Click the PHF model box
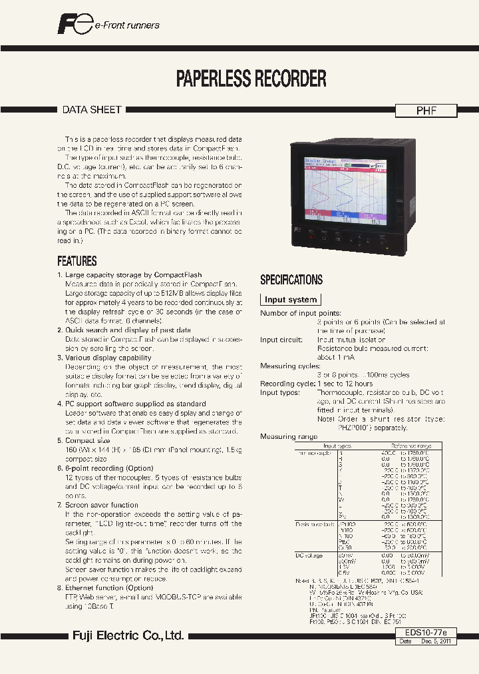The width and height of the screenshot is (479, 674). point(426,111)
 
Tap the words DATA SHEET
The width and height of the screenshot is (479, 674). point(92,110)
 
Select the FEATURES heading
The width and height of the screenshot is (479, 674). point(77,261)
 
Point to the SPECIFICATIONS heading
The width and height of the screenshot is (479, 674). point(291,280)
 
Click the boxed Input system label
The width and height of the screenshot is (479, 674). point(290,300)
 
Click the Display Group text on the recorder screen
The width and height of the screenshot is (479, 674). point(321,161)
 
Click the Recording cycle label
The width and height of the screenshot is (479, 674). point(287,384)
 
